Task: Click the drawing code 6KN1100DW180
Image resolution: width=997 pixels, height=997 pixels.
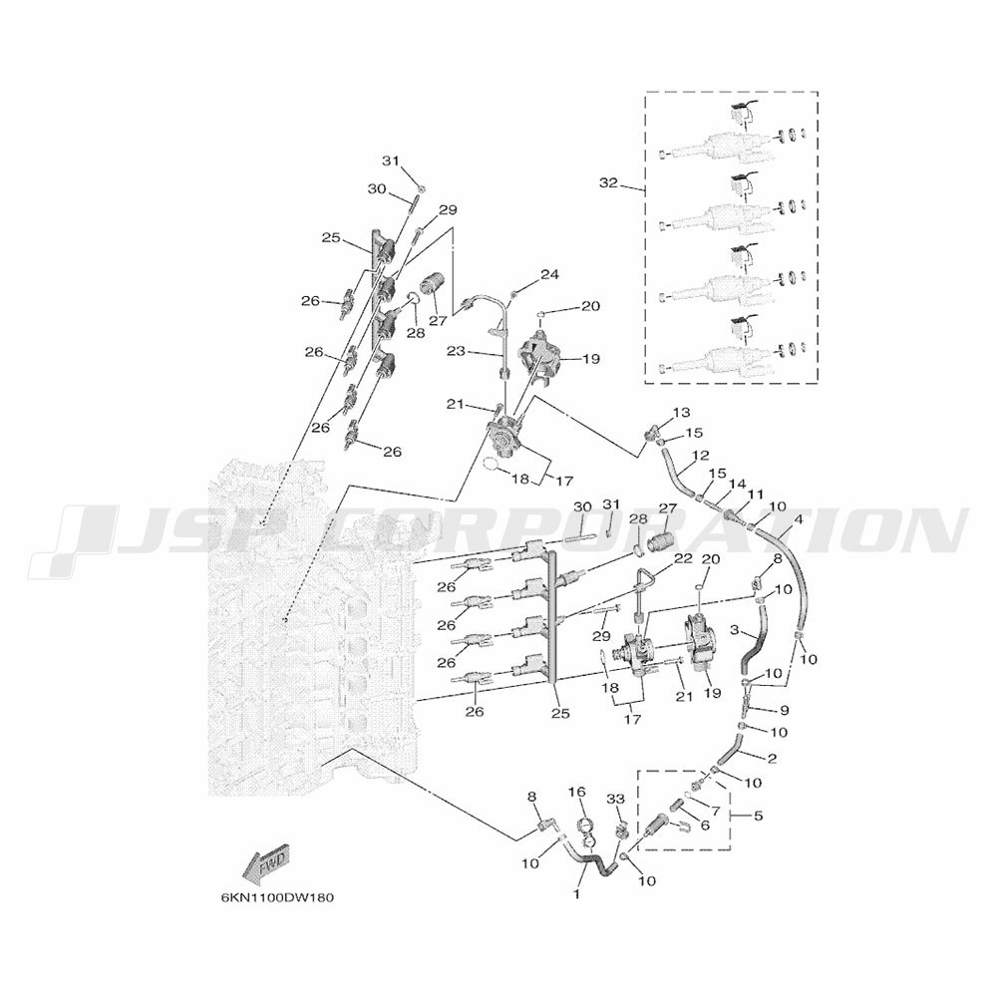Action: click(x=277, y=898)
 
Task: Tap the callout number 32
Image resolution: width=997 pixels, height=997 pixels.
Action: click(x=608, y=183)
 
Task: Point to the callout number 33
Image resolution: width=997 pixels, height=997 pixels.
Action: click(x=615, y=800)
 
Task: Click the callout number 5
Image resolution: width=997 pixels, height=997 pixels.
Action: click(x=758, y=816)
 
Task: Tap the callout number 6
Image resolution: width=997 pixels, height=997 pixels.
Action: click(x=705, y=825)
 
